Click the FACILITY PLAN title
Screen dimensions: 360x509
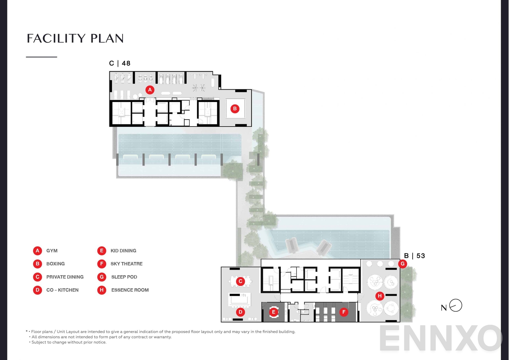[x=75, y=38]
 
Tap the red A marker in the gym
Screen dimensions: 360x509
[x=150, y=90]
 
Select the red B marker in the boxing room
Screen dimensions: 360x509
[x=235, y=109]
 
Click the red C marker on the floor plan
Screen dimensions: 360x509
[x=241, y=281]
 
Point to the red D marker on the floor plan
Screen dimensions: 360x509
[x=241, y=312]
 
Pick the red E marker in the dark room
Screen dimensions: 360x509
[x=274, y=312]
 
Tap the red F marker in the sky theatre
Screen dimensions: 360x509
[x=344, y=312]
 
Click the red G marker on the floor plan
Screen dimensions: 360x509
[x=402, y=264]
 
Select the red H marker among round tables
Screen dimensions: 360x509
[x=380, y=296]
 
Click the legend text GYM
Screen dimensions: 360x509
[x=52, y=251]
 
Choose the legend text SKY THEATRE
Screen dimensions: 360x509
[x=126, y=264]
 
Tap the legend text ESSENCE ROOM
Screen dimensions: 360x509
[x=130, y=290]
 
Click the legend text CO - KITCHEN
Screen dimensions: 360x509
[x=62, y=290]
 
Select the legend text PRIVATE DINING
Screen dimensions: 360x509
[x=65, y=277]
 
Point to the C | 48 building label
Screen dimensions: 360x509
[x=120, y=63]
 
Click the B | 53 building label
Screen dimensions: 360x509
[x=414, y=256]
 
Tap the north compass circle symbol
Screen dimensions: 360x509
[x=456, y=305]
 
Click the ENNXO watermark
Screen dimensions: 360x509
[x=441, y=339]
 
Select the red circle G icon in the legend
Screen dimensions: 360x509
[x=102, y=277]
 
